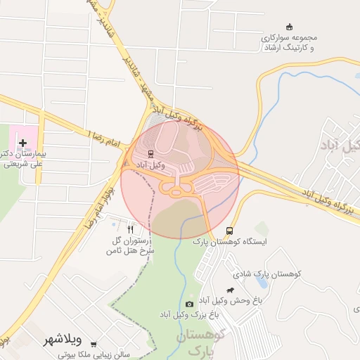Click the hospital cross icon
point(23,143)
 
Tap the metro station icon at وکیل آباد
point(150,154)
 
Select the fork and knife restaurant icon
point(130,229)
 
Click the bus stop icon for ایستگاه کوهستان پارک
point(229,231)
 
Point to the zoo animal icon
point(230,290)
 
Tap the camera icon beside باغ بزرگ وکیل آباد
point(189,304)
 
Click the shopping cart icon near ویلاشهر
point(94,344)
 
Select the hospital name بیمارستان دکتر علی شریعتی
point(21,159)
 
